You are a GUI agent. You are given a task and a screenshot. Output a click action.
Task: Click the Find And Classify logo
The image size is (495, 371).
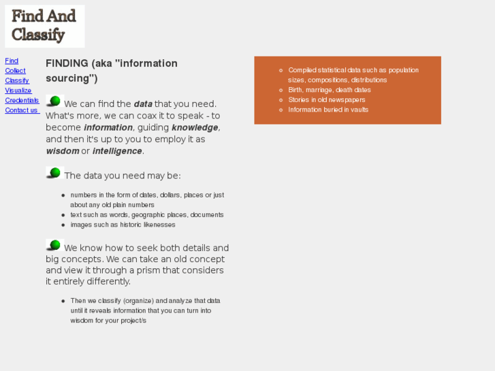[x=44, y=26]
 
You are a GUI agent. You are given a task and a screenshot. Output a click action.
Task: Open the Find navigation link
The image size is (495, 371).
[x=12, y=61]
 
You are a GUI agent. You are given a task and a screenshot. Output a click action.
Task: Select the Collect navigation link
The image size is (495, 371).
[x=15, y=71]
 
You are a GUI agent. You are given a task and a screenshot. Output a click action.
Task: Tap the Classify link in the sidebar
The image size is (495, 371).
[x=17, y=80]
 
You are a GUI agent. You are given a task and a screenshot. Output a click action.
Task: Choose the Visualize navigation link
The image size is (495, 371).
[x=18, y=91]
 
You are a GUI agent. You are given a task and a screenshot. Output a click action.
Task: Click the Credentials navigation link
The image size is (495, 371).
[x=22, y=100]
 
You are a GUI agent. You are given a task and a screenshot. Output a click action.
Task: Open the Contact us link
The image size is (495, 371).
[x=21, y=110]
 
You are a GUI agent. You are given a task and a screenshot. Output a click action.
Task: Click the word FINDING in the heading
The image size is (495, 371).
[x=67, y=63]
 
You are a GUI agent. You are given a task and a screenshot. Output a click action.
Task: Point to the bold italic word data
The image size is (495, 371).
[x=143, y=104]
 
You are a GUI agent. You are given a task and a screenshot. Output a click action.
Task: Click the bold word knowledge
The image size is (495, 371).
[x=195, y=127]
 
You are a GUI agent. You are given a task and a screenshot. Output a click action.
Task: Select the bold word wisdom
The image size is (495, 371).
[x=62, y=151]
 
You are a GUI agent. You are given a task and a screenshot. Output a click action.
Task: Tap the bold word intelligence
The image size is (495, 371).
[x=117, y=151]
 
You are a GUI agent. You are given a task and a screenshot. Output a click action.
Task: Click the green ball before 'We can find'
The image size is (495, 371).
[x=54, y=101]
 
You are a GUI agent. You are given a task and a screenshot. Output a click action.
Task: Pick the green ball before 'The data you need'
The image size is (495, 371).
[x=54, y=173]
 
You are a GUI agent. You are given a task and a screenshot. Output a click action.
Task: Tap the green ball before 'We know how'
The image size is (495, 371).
[x=54, y=245]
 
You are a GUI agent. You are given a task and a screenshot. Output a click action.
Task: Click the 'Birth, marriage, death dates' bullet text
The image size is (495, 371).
[x=329, y=90]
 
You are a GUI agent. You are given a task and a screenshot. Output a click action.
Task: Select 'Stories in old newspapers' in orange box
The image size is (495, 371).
[x=326, y=99]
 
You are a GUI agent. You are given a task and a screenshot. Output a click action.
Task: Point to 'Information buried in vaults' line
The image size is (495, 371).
[x=328, y=110]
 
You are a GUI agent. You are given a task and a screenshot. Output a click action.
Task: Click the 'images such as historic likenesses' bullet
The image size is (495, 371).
[x=123, y=225]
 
